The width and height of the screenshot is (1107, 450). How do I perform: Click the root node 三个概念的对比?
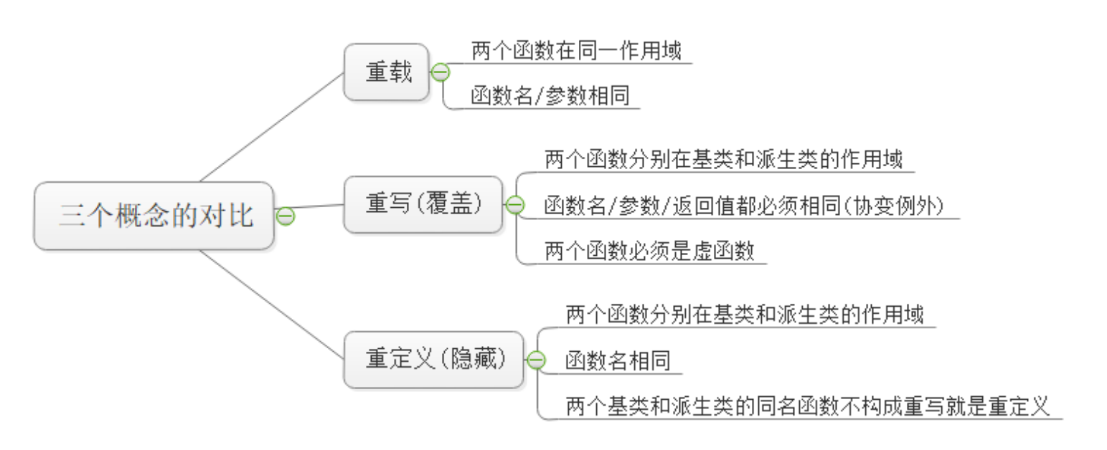154,216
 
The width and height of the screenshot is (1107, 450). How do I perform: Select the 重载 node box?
387,72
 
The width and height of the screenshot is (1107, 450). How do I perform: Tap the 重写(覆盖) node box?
423,204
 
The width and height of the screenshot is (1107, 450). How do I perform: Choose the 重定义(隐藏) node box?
434,359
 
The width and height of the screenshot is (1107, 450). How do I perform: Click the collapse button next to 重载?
441,72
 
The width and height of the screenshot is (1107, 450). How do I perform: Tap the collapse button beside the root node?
285,216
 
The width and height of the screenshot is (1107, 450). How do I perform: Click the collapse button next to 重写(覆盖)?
515,205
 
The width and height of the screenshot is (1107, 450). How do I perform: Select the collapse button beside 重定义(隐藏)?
536,360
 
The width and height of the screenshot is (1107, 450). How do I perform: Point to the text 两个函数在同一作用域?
576,50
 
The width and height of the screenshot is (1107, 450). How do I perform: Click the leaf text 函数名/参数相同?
550,95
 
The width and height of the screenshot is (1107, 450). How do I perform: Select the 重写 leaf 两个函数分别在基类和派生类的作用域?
723,159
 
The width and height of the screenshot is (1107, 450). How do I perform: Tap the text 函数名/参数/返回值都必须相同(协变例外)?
744,206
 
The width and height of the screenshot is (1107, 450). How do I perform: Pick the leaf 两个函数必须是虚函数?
649,251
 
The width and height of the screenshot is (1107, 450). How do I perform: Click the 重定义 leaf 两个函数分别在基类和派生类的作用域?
745,315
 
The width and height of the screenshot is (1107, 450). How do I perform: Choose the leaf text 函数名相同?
618,360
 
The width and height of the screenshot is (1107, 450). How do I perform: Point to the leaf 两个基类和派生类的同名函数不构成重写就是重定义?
808,406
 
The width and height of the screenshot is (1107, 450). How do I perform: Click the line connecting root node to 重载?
272,128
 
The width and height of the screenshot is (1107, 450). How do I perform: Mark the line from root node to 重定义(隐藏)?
272,305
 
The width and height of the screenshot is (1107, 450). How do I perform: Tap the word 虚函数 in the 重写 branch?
723,251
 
